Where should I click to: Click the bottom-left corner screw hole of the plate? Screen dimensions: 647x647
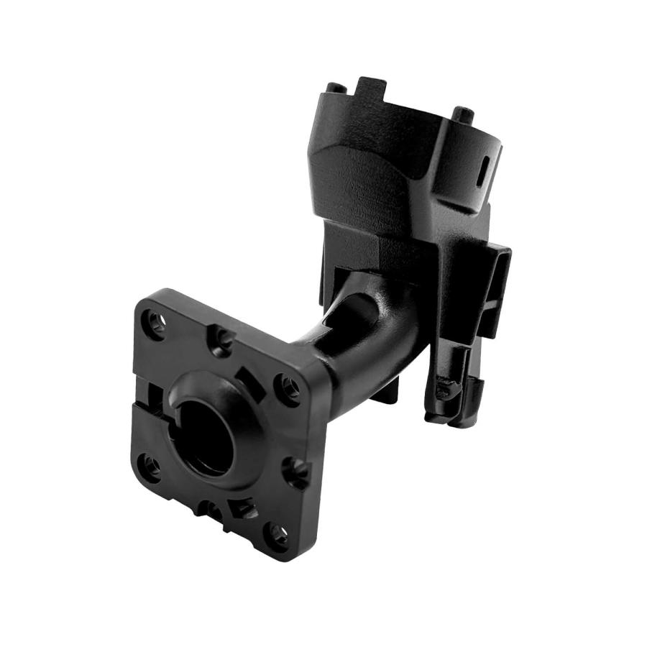pos(149,466)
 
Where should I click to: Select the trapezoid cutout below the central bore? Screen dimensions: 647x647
pos(243,508)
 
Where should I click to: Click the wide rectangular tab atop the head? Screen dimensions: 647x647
pos(372,88)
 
